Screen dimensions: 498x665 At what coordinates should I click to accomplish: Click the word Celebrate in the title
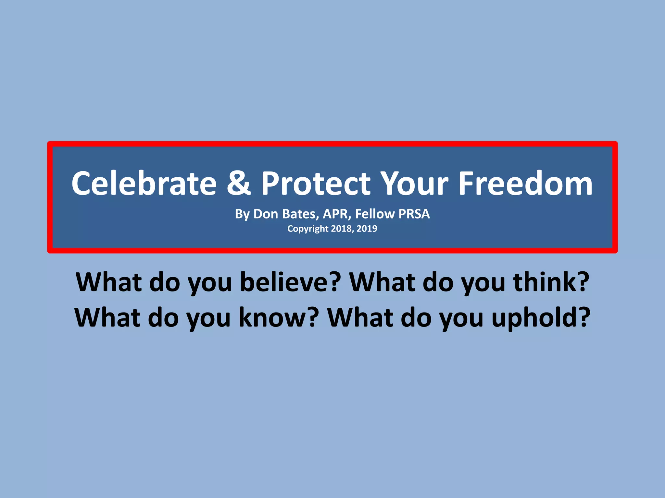pos(144,184)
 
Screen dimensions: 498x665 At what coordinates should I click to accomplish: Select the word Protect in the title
pos(316,184)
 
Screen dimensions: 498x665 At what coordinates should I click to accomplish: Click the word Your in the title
pos(414,184)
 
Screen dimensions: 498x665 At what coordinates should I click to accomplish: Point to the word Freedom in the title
pos(525,184)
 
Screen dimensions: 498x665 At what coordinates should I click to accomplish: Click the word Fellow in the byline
pos(375,214)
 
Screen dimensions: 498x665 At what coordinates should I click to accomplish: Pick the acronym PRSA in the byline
pos(414,214)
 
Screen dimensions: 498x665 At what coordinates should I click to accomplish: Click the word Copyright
pos(308,229)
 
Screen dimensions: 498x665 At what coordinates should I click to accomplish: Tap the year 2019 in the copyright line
pos(367,229)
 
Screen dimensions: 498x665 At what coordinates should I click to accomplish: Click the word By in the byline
pos(242,214)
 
